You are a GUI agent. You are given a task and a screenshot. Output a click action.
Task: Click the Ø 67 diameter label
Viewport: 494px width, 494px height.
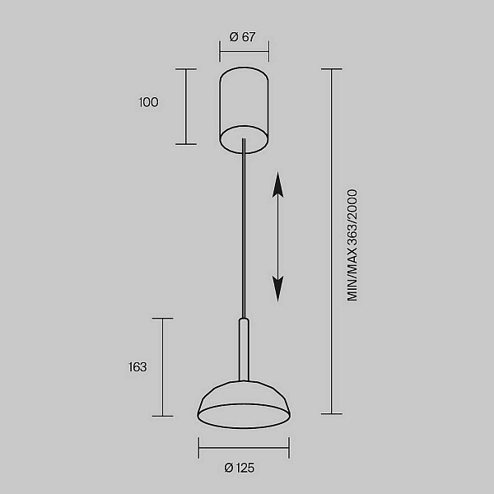[242, 37]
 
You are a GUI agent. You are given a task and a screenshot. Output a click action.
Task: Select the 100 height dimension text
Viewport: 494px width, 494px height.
[148, 102]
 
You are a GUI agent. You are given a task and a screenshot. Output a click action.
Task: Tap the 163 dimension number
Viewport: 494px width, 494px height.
[137, 367]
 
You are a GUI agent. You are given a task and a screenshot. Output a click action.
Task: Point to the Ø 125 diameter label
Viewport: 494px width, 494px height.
[239, 468]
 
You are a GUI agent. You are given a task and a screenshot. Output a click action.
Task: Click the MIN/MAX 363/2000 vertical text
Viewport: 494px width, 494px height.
[352, 245]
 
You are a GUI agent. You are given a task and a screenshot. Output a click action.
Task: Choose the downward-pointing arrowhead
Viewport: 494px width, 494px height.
[277, 289]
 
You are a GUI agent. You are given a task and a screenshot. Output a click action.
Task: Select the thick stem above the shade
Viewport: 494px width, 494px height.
[244, 350]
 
